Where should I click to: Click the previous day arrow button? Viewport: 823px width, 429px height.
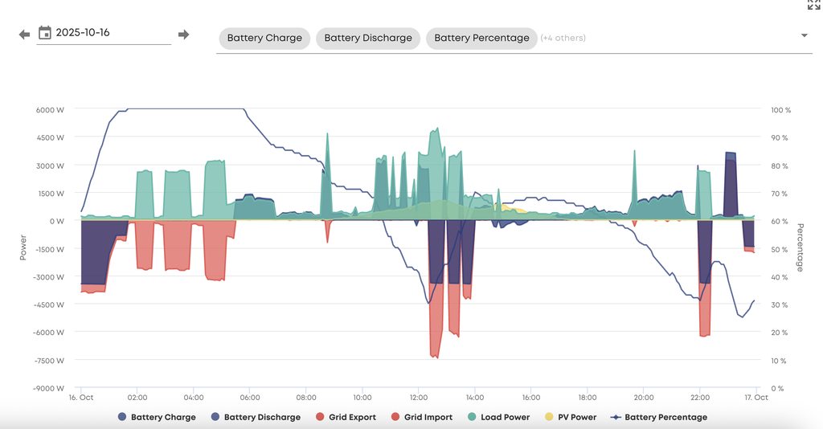click(24, 35)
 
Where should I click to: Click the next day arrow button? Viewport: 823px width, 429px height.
click(183, 35)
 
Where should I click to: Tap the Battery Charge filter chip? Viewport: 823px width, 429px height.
click(264, 38)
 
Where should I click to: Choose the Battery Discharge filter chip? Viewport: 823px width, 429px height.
click(368, 38)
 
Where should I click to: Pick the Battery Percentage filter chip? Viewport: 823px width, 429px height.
click(481, 38)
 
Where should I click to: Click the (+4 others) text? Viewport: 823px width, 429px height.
click(563, 38)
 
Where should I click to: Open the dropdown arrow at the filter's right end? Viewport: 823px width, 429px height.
click(804, 35)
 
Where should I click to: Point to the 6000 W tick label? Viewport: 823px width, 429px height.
click(50, 110)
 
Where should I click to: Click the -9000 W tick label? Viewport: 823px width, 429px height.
click(48, 388)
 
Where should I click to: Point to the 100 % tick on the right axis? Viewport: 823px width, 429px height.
click(780, 110)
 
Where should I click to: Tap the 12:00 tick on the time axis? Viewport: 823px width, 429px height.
click(419, 397)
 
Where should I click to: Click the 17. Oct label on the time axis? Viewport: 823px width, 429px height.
click(756, 397)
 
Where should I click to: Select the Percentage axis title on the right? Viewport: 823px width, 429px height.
click(800, 247)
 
